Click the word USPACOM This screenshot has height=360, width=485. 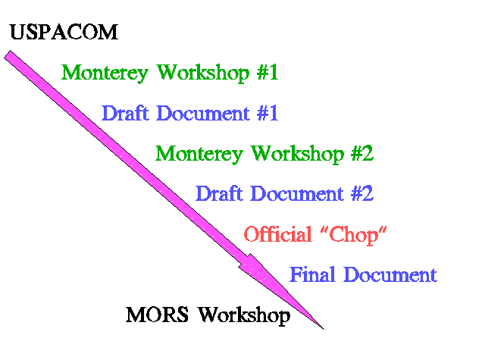point(64,32)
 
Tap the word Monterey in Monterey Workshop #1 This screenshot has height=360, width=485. point(105,74)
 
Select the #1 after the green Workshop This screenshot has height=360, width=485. point(268,72)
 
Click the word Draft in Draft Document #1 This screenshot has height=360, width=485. point(125,113)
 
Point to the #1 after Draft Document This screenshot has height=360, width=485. point(268,113)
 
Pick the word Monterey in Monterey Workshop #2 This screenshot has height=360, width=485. point(199,155)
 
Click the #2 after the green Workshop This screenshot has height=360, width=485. point(362,153)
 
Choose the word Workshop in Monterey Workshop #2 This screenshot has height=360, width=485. point(297,155)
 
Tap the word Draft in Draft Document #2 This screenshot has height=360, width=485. point(219,193)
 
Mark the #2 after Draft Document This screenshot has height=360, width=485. point(362,193)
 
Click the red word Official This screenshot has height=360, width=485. point(278,234)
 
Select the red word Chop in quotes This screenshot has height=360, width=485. point(354,236)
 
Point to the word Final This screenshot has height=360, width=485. point(312,274)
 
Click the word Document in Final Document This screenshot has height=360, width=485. point(390,274)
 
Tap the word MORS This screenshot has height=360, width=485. point(157,315)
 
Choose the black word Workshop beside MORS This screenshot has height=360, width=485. point(244,316)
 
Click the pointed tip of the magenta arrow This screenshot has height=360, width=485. point(324,329)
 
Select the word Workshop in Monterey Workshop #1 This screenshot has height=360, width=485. point(203,74)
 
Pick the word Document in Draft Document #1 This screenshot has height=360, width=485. point(203,113)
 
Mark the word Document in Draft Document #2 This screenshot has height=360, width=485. point(297,193)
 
